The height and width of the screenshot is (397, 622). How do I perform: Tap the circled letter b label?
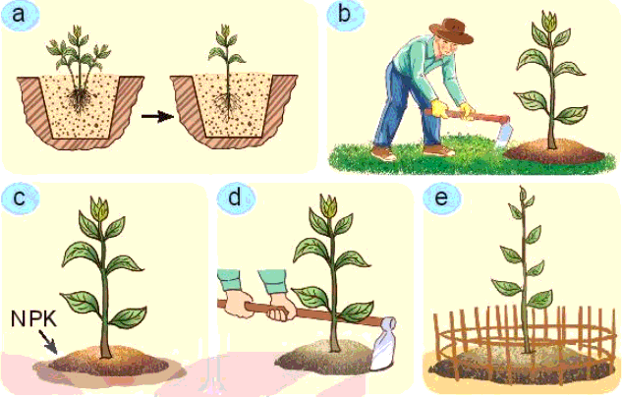tap(345, 17)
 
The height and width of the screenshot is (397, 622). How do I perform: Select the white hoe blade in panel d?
tap(386, 344)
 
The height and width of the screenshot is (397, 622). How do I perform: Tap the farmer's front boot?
tap(384, 154)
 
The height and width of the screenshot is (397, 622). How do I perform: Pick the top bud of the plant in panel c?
tap(99, 207)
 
